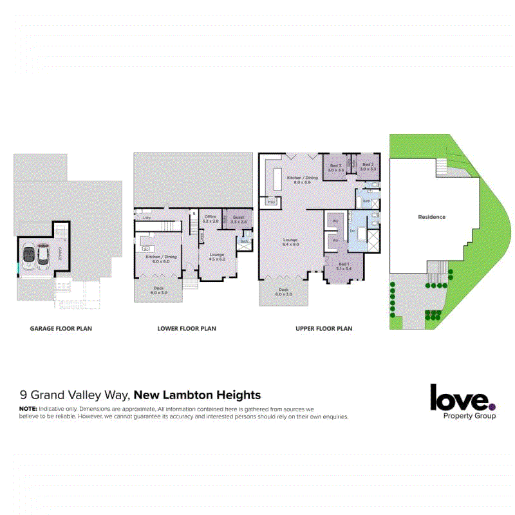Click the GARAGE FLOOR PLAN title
[x=61, y=328]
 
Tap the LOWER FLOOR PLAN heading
[x=187, y=328]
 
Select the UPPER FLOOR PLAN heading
[x=324, y=328]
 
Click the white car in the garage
[x=29, y=257]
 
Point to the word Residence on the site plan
[x=432, y=217]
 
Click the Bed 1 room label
[x=344, y=264]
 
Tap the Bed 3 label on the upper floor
[x=368, y=165]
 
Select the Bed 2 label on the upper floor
[x=335, y=165]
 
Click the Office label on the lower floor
[x=211, y=217]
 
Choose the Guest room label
[x=238, y=218]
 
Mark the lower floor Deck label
[x=158, y=288]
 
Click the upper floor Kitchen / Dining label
[x=303, y=177]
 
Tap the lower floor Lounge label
[x=217, y=255]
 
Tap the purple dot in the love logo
[x=492, y=406]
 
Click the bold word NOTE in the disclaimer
[x=28, y=409]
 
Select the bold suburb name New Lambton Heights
[x=197, y=395]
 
